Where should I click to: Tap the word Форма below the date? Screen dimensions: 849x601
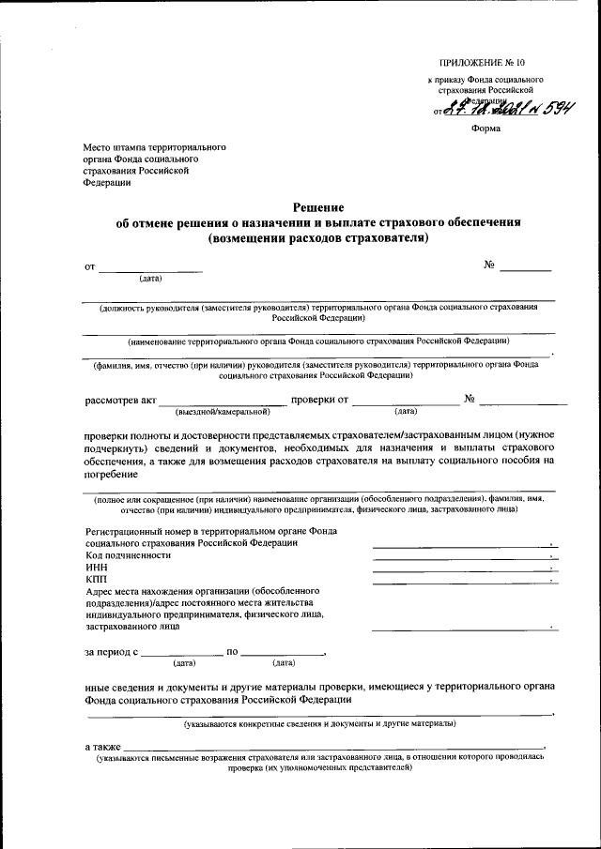click(x=485, y=129)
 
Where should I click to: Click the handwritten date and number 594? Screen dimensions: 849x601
click(x=508, y=108)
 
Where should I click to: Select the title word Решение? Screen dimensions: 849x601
click(x=318, y=207)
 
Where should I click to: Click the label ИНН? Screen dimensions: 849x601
click(x=96, y=568)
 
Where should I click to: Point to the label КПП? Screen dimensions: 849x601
click(x=96, y=580)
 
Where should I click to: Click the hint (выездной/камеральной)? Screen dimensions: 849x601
click(x=221, y=411)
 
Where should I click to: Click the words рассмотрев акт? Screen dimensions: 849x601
click(x=120, y=401)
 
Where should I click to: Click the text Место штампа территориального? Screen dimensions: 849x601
click(x=153, y=148)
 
